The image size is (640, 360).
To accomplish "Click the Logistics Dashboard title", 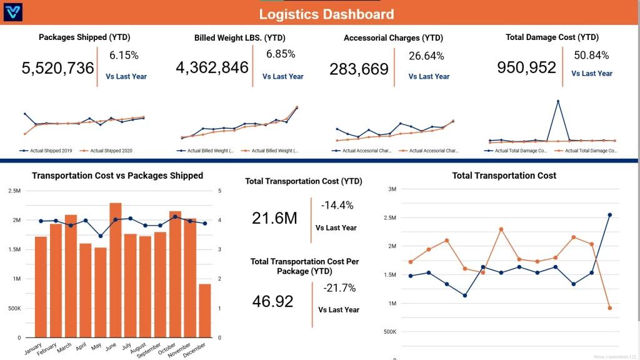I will coord(326,14).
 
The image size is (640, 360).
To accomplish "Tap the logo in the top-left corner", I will coord(13,12).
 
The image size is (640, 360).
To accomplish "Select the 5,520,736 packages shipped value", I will coord(57,68).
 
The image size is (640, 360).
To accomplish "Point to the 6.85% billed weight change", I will coord(281,54).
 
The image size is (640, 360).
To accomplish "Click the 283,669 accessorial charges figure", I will coord(359,69).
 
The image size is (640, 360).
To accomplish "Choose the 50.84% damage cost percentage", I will coord(591,55).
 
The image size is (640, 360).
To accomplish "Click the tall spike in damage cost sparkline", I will coord(557,101).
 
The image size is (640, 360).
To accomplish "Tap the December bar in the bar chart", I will coord(204,311).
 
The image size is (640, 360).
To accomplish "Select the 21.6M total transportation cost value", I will coord(274,218).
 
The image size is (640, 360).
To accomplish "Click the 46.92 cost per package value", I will coord(272,301).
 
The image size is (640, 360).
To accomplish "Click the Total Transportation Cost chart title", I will coord(504,176).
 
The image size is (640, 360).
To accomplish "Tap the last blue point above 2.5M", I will coord(609,215).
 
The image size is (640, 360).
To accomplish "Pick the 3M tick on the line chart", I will coord(392,189).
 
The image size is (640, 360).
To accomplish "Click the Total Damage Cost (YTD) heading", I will coord(552,37).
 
